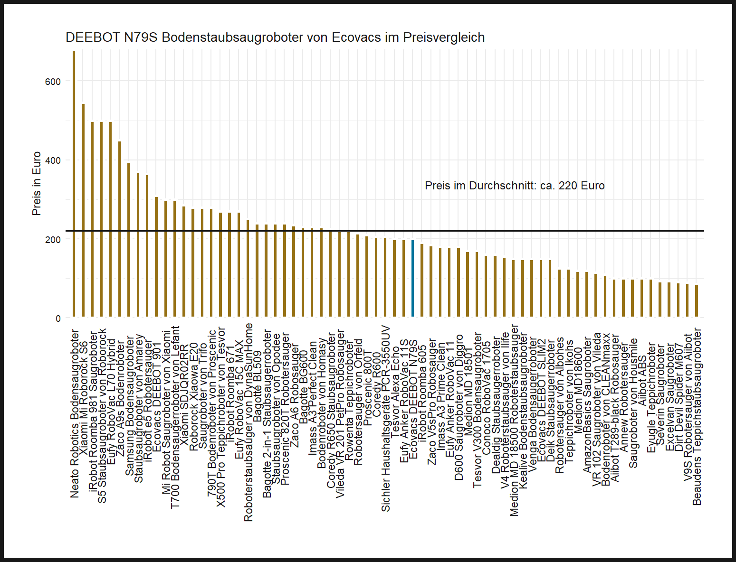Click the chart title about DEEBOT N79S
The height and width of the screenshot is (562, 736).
click(275, 37)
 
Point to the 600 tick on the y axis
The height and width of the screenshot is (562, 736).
click(53, 82)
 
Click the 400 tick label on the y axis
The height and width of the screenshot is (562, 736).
click(53, 160)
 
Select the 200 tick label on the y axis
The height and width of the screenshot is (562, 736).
click(53, 240)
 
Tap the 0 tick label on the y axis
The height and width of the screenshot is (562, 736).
click(58, 318)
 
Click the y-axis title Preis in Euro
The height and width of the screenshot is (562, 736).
click(37, 184)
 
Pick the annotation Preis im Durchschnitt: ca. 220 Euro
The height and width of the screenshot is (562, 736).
click(515, 186)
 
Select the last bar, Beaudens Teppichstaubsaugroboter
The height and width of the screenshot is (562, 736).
click(697, 301)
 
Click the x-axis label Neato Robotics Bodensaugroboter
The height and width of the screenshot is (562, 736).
click(75, 413)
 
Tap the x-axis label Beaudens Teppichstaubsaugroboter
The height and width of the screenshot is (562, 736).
click(697, 416)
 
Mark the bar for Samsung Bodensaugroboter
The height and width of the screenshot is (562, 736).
click(129, 240)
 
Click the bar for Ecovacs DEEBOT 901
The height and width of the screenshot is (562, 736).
click(156, 257)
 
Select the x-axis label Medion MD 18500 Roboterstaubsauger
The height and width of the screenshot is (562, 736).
click(514, 421)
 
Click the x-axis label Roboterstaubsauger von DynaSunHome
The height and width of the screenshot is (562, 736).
click(249, 422)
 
